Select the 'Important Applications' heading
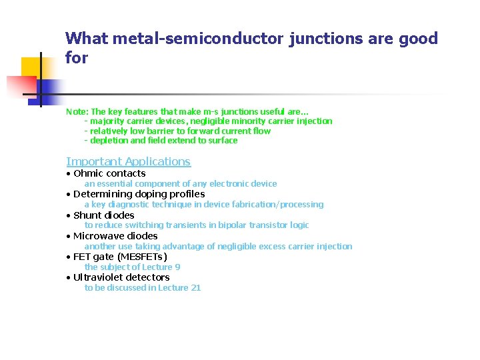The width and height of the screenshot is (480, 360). click(128, 161)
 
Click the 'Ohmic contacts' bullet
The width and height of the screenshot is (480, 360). click(109, 173)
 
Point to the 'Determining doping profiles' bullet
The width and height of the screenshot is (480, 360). click(139, 194)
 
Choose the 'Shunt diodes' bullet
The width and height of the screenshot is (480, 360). click(103, 215)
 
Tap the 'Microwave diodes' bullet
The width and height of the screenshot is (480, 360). click(115, 236)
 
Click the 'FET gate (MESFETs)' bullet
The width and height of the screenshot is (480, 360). click(120, 257)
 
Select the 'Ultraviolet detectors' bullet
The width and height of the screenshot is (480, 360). click(121, 277)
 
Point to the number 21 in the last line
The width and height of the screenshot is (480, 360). click(195, 288)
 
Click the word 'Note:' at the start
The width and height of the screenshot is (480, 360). click(77, 112)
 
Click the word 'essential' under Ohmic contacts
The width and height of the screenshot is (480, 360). click(113, 184)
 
